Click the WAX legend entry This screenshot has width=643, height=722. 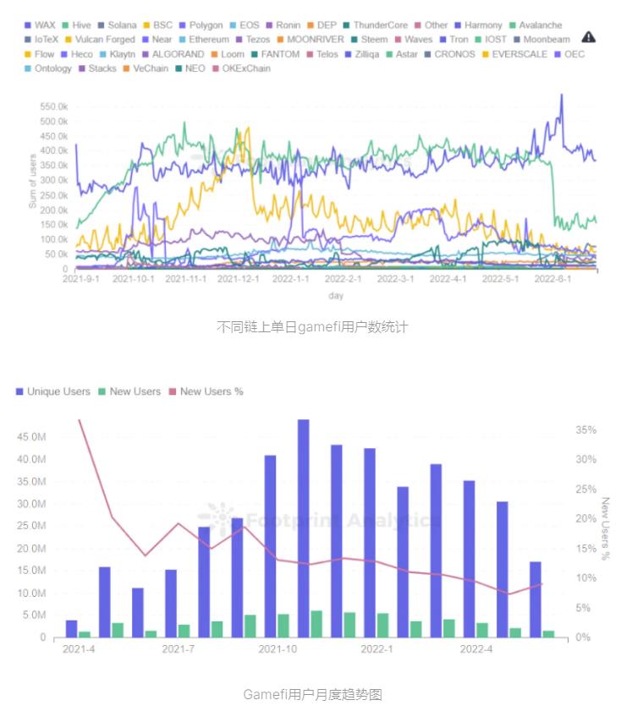click(40, 25)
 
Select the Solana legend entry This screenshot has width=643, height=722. click(116, 25)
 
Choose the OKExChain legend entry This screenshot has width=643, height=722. click(240, 68)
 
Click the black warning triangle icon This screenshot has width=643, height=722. click(589, 37)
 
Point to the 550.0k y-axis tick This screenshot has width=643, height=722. click(52, 107)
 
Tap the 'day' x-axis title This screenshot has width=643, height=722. click(336, 296)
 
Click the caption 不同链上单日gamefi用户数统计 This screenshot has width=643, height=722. click(312, 326)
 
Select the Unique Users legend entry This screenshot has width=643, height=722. click(52, 391)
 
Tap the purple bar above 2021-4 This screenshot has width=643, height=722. click(71, 629)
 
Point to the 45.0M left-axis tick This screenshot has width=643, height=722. click(35, 437)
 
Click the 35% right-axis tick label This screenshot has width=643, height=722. click(585, 430)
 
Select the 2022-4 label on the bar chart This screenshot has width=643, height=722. click(475, 649)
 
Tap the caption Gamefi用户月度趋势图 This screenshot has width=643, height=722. click(312, 695)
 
